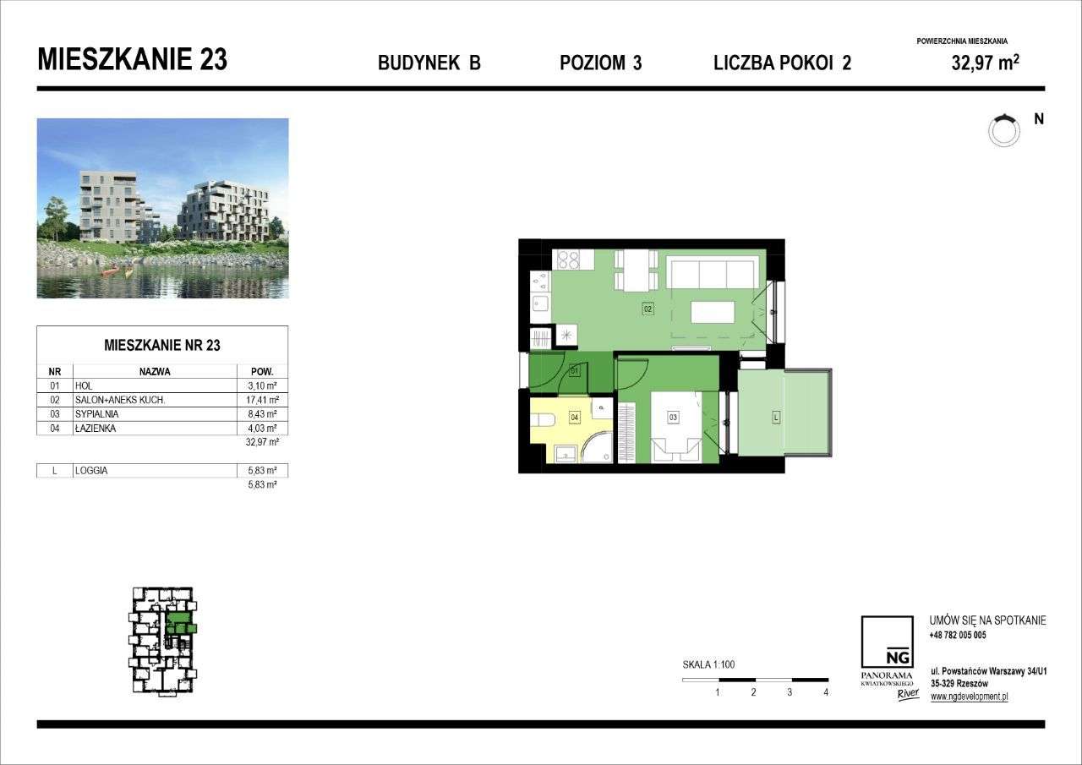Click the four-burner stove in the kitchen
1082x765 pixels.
[x=566, y=260]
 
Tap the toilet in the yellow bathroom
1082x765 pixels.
[x=544, y=418]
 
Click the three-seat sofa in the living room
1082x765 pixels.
[x=711, y=274]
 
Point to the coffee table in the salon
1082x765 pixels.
[x=713, y=313]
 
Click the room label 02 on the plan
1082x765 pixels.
[x=648, y=309]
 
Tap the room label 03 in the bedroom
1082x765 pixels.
[x=673, y=417]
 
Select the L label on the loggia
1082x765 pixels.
[x=775, y=417]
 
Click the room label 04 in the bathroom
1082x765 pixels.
[x=574, y=417]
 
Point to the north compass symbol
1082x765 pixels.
[x=1004, y=129]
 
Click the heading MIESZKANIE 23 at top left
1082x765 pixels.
[x=133, y=60]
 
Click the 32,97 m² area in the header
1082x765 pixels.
[x=985, y=62]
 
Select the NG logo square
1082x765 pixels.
[x=887, y=642]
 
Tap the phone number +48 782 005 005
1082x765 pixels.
[x=958, y=635]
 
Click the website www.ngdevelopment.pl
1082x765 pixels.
[x=969, y=697]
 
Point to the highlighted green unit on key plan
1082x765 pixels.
[x=180, y=625]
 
